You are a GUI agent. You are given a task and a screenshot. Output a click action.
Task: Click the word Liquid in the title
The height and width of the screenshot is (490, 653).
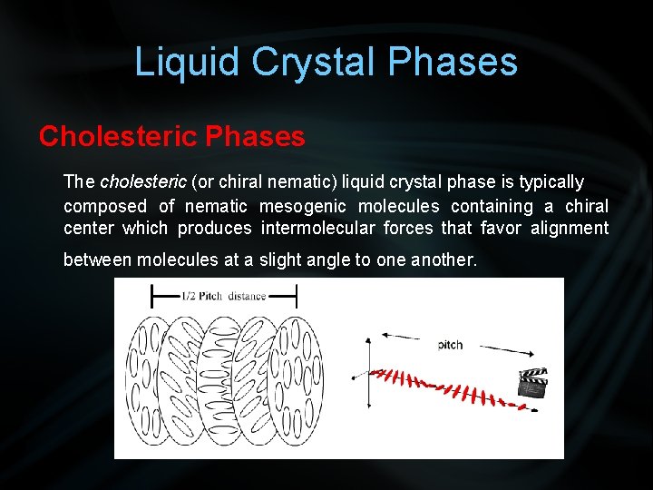pos(187,62)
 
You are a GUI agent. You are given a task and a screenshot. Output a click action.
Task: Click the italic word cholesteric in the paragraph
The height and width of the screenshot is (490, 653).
pos(142,182)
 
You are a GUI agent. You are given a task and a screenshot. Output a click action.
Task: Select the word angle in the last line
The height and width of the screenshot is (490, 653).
pos(328,260)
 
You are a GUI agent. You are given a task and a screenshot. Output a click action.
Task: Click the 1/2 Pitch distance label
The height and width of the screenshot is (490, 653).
pos(223,295)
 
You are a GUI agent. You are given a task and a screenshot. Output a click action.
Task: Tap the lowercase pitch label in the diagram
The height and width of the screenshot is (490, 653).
pos(450,345)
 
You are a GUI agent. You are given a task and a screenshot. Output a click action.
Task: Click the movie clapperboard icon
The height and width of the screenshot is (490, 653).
pos(531,387)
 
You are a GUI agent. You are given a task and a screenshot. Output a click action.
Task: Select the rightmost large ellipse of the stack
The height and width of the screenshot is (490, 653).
pos(301,374)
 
